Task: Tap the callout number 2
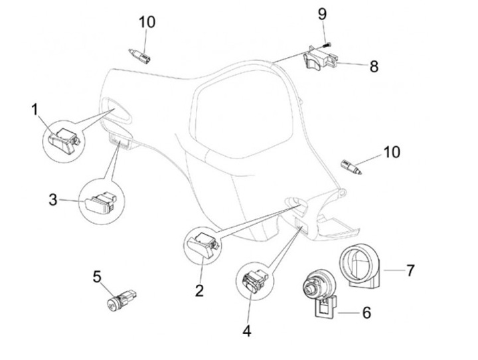pos(199,291)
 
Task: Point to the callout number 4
pos(248,329)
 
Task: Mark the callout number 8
pos(374,66)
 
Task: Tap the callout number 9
pos(323,13)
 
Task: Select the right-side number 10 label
pos(391,152)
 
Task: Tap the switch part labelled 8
pos(321,59)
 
